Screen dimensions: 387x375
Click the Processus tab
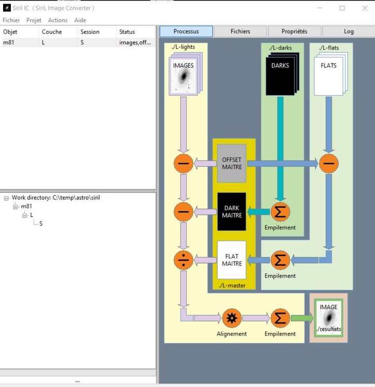pos(186,31)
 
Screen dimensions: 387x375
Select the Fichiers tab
pos(241,31)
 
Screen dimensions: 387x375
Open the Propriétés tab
pos(294,31)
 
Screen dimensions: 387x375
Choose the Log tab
pos(349,31)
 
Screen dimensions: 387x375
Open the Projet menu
pos(34,20)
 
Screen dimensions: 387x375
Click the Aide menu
pos(80,20)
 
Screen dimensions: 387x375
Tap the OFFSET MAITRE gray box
pos(232,164)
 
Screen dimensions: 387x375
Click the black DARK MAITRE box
pos(232,211)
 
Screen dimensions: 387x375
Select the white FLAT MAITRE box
pos(232,260)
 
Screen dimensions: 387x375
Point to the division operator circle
pos(184,259)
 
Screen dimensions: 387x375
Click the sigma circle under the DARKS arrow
pos(280,211)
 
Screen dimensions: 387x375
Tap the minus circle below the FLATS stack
pos(328,164)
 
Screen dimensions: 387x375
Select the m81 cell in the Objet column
pos(9,42)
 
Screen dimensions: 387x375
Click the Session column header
pos(90,31)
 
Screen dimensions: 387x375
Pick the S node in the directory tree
pos(41,223)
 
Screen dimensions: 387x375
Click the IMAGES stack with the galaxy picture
pos(183,75)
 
